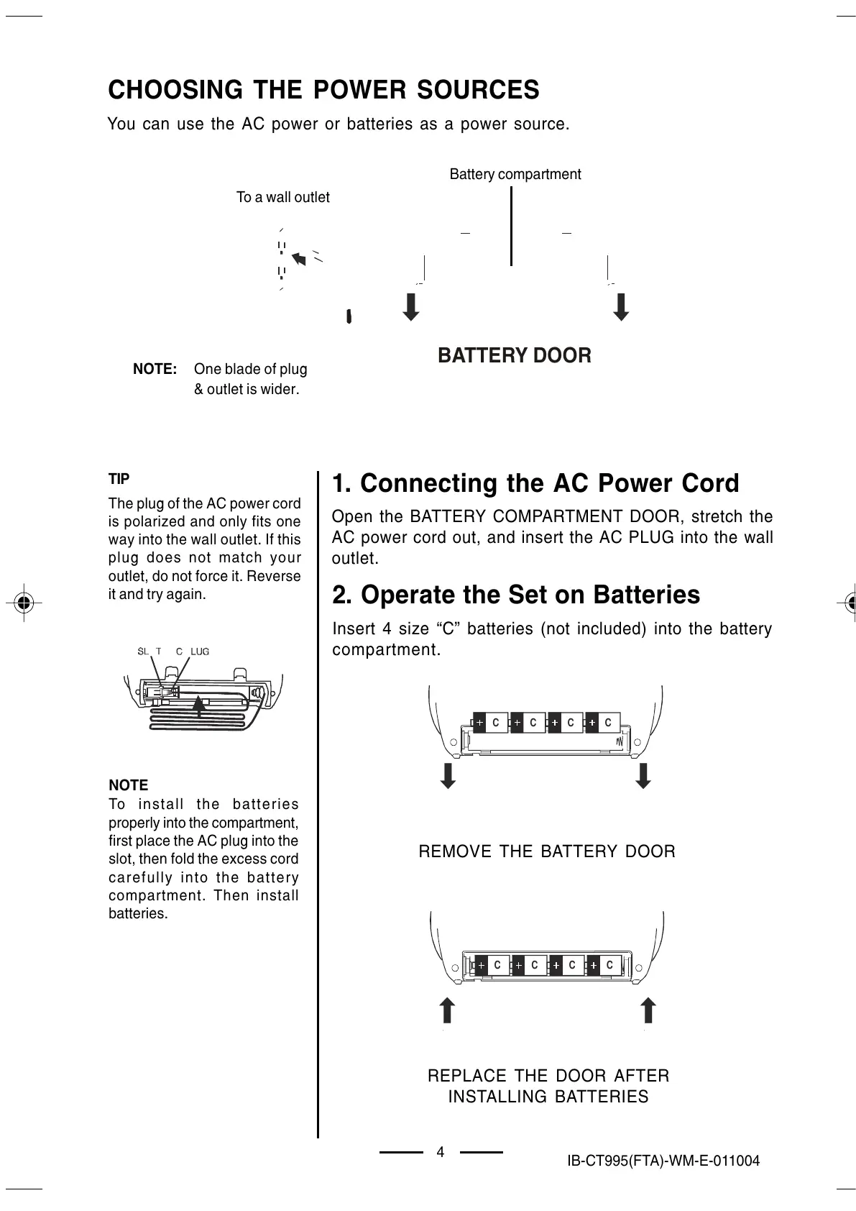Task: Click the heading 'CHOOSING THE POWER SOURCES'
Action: [x=323, y=90]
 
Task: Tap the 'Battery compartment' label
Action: [x=515, y=174]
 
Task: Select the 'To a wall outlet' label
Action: [x=282, y=197]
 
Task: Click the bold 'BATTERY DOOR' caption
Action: [x=515, y=355]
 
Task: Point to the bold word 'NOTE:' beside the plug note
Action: [x=155, y=369]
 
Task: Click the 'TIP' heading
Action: [x=119, y=479]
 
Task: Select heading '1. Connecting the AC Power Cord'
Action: [x=535, y=483]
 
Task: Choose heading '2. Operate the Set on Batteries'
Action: [x=515, y=595]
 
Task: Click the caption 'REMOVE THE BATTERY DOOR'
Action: [x=547, y=851]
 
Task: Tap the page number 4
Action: [x=441, y=1152]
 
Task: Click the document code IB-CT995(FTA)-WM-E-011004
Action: [x=663, y=1161]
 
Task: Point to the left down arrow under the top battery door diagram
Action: [x=410, y=307]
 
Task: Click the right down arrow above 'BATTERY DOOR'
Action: [x=622, y=307]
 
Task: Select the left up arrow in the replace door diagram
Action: [x=447, y=1009]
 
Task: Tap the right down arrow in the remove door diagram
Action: [x=644, y=775]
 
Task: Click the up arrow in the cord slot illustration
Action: [x=201, y=707]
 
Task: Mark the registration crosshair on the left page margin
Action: [x=24, y=602]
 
